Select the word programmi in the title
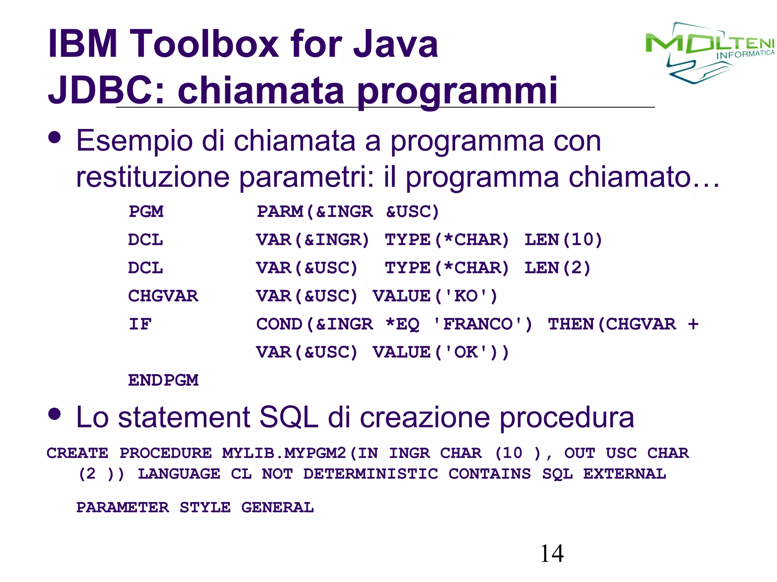coord(457,91)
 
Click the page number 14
coord(552,554)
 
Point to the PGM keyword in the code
coord(146,211)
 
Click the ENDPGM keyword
coord(163,380)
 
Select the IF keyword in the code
coord(140,324)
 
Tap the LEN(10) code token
coord(563,239)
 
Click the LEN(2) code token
coord(558,268)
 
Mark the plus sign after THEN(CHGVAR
coord(693,324)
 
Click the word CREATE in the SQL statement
coord(77,453)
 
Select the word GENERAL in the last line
coord(278,507)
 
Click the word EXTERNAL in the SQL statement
coord(624,474)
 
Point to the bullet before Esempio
coord(55,138)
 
